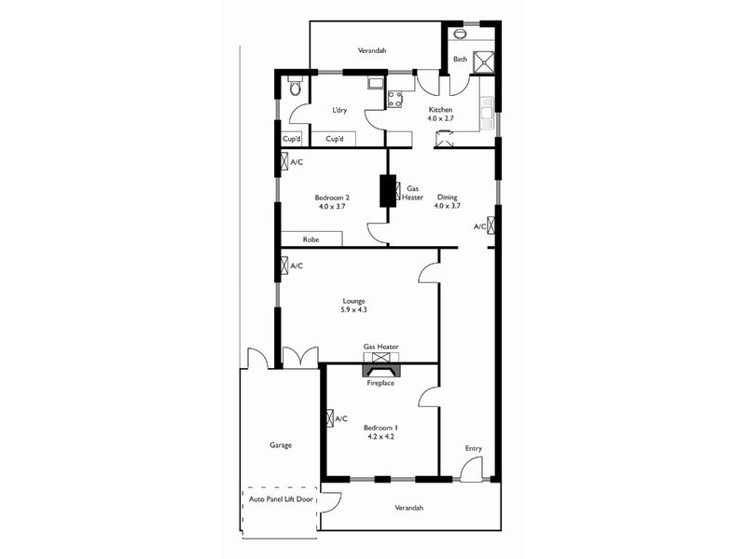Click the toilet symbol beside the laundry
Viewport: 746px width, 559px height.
click(295, 89)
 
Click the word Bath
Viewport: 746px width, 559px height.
click(460, 60)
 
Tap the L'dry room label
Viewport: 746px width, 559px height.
click(339, 111)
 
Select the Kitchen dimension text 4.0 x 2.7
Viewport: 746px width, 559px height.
click(440, 119)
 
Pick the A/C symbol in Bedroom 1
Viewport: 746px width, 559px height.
click(329, 419)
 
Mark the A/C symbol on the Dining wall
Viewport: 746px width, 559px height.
click(491, 225)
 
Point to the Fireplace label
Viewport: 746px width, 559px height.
click(380, 382)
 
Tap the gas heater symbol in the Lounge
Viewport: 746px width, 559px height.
click(380, 356)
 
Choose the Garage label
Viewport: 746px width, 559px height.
click(281, 445)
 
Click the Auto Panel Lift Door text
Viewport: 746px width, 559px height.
click(281, 500)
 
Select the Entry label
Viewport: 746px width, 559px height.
click(474, 449)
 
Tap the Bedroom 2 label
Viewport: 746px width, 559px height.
click(332, 197)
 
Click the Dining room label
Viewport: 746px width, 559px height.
click(447, 197)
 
